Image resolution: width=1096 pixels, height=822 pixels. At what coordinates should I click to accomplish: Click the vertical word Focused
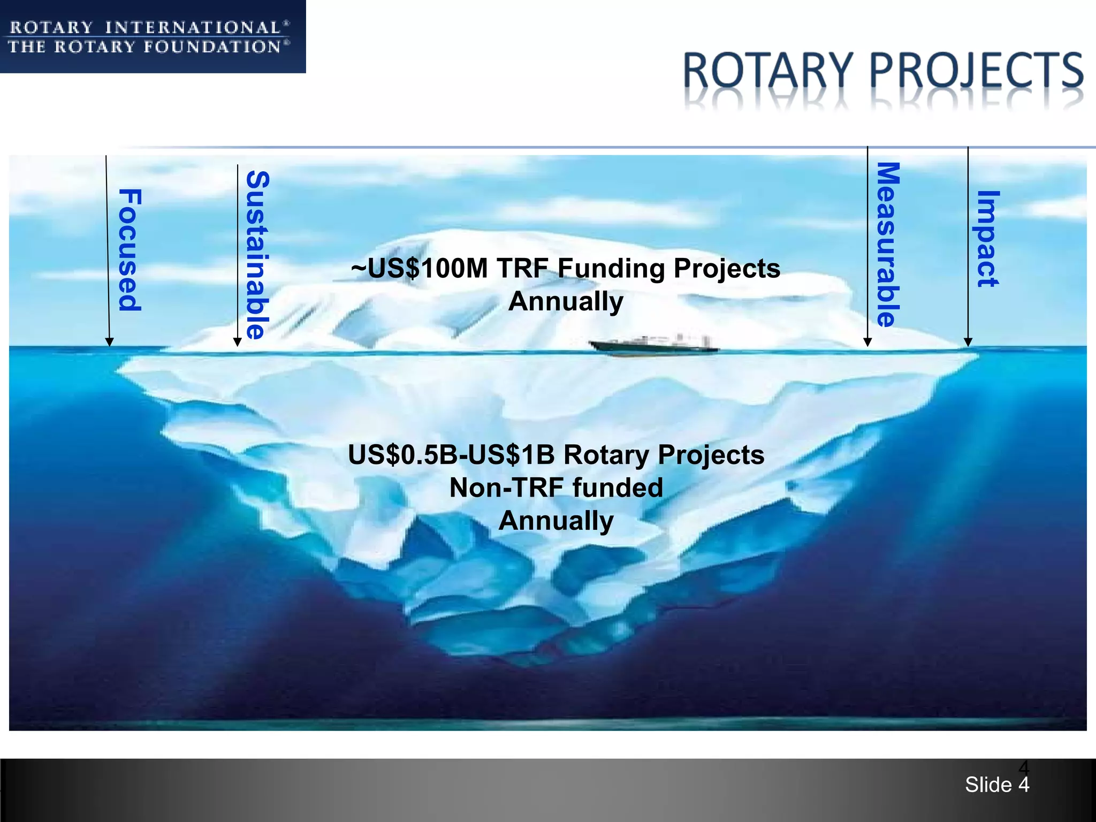click(130, 250)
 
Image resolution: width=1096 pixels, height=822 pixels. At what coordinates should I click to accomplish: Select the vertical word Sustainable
click(257, 255)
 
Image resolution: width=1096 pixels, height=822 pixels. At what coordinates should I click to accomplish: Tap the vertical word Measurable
click(888, 245)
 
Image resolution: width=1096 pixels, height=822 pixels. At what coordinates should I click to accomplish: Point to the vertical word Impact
click(987, 239)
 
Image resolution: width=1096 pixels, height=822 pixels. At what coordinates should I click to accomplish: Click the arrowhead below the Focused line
click(109, 342)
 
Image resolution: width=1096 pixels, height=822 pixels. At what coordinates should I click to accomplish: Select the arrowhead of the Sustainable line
click(238, 342)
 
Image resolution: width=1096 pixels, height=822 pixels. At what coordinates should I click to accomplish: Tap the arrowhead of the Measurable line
click(868, 342)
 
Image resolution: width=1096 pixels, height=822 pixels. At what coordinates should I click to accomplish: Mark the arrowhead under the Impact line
click(968, 342)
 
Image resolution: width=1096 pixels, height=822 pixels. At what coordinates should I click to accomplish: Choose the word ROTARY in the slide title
click(768, 71)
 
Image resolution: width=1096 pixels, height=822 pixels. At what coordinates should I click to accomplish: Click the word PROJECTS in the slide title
click(977, 71)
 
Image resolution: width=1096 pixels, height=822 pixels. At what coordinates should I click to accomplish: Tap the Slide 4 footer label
click(997, 785)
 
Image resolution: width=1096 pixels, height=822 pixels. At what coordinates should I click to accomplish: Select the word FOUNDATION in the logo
click(212, 47)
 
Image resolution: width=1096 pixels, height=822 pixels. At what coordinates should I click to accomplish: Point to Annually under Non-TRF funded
click(556, 521)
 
